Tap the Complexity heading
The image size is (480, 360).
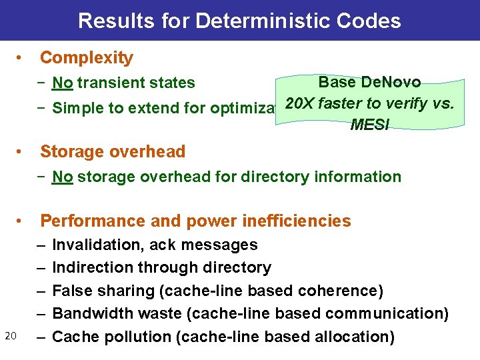pyautogui.click(x=87, y=58)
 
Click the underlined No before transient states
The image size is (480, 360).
pyautogui.click(x=63, y=83)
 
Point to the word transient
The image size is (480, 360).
pyautogui.click(x=111, y=83)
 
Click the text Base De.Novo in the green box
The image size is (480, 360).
pyautogui.click(x=369, y=83)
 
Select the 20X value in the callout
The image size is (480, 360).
pyautogui.click(x=299, y=104)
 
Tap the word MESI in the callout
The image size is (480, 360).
pyautogui.click(x=369, y=125)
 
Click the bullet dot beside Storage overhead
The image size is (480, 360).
pyautogui.click(x=22, y=152)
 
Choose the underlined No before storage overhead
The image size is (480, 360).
pyautogui.click(x=63, y=177)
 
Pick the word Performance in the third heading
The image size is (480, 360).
pyautogui.click(x=90, y=221)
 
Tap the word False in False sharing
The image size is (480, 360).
pyautogui.click(x=69, y=291)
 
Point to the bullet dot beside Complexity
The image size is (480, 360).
pyautogui.click(x=22, y=58)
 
